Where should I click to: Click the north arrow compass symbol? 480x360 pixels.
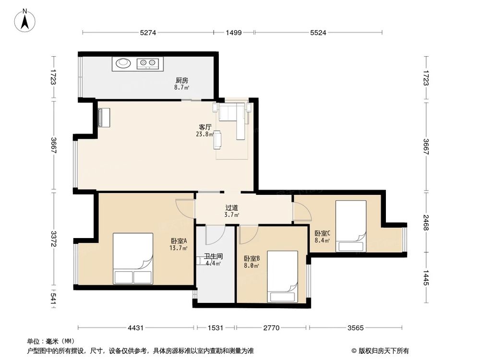point(25,21)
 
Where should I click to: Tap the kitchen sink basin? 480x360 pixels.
point(123,63)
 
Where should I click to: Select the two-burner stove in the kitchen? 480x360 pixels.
point(147,63)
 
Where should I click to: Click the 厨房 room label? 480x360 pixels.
point(182,80)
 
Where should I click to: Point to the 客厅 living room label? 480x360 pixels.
point(205,127)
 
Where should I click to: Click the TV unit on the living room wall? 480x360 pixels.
point(104,117)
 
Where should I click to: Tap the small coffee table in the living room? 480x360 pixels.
point(217,140)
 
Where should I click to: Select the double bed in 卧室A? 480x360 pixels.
point(133,259)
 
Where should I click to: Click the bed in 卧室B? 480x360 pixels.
point(282,276)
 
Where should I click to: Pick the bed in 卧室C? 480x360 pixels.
point(351,226)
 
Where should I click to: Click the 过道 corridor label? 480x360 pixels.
point(232,208)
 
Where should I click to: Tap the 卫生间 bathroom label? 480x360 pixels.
point(214,256)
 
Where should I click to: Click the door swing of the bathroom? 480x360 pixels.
point(216,235)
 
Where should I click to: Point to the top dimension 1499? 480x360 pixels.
point(234,33)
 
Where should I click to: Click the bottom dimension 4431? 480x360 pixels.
point(136,328)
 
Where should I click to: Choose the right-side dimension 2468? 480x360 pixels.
point(426,223)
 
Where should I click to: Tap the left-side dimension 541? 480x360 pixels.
point(53,299)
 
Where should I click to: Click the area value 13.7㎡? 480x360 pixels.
point(179,248)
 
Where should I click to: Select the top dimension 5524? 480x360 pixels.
point(318,33)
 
